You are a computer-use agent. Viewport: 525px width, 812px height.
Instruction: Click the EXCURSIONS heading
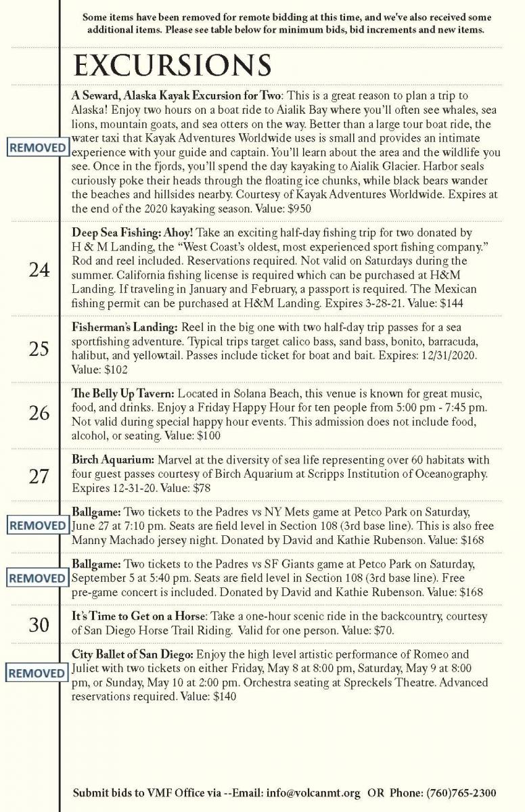click(172, 66)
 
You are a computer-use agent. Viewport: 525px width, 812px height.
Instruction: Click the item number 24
click(39, 270)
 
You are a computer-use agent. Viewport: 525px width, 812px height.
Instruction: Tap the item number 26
click(39, 412)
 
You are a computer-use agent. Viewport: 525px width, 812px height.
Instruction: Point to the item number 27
click(39, 476)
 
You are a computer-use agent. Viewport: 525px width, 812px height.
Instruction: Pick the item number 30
click(39, 625)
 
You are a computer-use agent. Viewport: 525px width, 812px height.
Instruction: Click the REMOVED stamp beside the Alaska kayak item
click(37, 148)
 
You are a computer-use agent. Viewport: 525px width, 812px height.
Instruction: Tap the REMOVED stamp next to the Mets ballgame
click(37, 525)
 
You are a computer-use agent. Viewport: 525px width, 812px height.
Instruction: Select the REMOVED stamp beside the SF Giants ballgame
click(37, 579)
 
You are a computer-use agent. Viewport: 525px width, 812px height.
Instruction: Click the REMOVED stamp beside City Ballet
click(37, 673)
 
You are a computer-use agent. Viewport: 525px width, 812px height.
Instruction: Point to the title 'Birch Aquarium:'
click(113, 459)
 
